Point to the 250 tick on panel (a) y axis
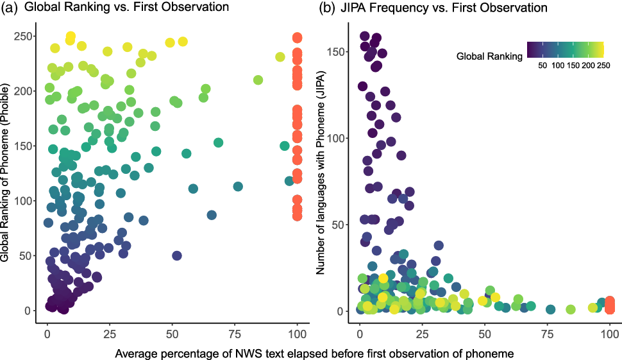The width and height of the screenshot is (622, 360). (22, 37)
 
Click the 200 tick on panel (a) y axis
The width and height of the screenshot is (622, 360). (22, 91)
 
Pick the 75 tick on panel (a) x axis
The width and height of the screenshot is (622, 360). (235, 334)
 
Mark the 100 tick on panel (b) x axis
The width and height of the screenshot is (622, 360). (610, 334)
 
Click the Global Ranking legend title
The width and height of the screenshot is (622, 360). (489, 56)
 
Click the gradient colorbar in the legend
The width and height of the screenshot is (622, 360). (565, 50)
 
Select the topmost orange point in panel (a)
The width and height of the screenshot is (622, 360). (297, 38)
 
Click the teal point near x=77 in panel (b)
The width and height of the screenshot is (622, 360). (550, 309)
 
